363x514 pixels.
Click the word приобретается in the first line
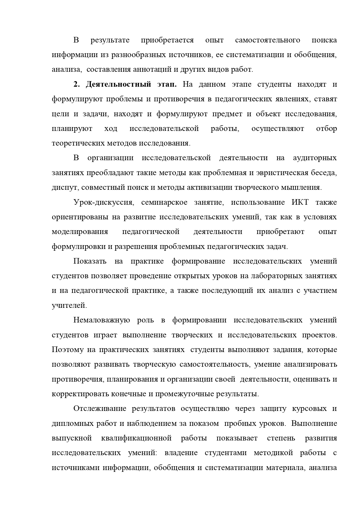click(x=167, y=40)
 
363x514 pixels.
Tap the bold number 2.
click(x=76, y=84)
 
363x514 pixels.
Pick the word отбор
click(x=326, y=129)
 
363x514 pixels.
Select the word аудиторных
click(x=315, y=158)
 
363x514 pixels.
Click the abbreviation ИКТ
click(x=300, y=202)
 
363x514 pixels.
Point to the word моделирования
click(x=80, y=232)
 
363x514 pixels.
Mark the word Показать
click(x=90, y=261)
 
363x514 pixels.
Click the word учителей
click(x=69, y=305)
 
